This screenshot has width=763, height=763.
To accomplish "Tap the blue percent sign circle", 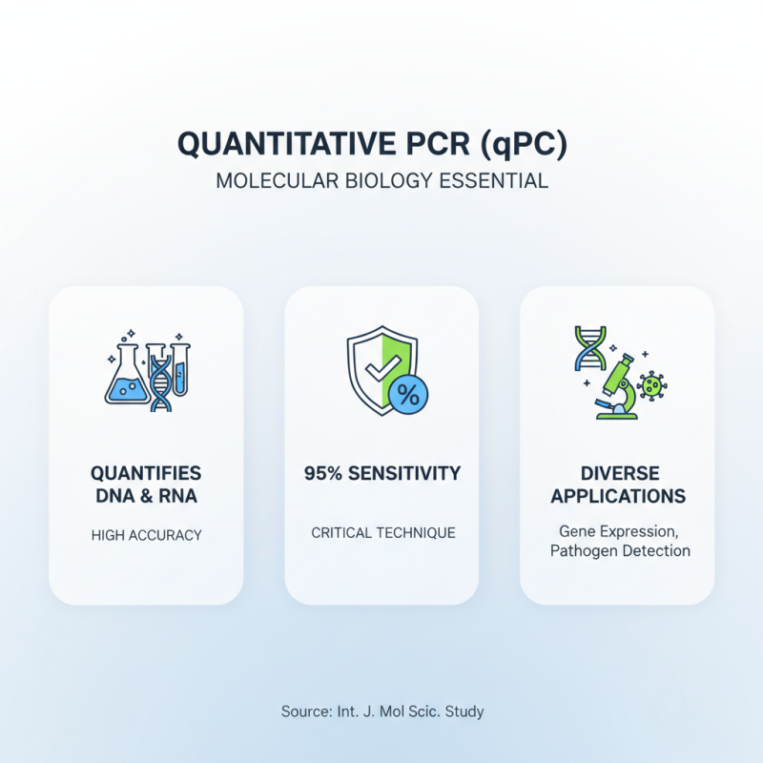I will coord(407,394).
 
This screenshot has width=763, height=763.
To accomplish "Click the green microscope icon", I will coord(615,386).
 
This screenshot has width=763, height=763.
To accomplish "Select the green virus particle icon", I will coord(652,385).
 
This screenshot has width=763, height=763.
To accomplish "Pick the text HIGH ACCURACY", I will coord(146,535).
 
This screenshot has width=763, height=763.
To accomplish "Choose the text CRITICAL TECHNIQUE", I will coord(382,532).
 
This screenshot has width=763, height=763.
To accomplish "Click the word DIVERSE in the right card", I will coord(618,473).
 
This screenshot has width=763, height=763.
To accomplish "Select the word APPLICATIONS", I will coord(618,496).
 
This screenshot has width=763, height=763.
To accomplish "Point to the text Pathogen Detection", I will coord(619,550).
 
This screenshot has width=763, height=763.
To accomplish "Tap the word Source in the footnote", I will coord(303,711).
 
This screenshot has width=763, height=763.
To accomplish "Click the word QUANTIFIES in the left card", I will coord(146,473).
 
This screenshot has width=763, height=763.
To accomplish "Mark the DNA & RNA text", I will coord(146,496).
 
